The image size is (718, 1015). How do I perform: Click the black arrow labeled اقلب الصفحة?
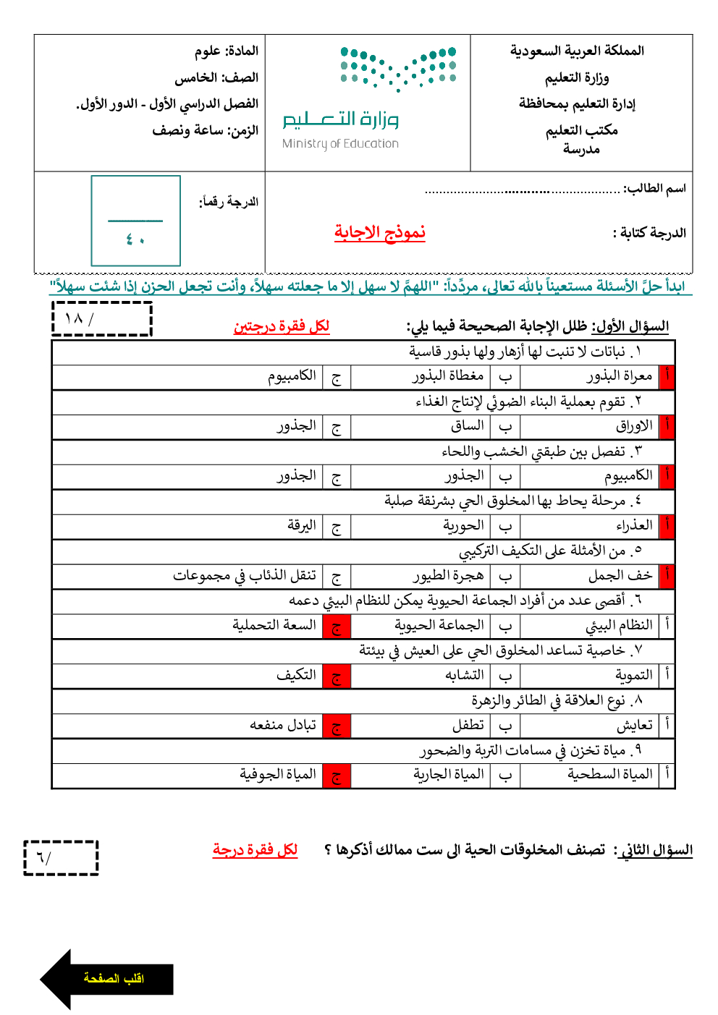click(107, 979)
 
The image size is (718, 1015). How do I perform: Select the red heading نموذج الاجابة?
click(380, 232)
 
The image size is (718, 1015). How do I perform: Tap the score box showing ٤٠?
click(135, 221)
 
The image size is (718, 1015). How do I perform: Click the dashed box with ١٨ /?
click(102, 319)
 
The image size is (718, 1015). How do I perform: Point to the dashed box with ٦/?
click(61, 858)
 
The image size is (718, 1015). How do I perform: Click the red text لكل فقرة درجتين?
click(282, 326)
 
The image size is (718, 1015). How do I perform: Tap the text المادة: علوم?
click(227, 51)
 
